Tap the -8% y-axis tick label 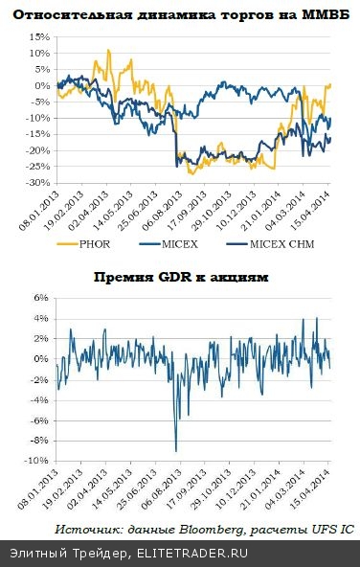[39, 441]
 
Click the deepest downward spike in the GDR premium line [175, 449]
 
